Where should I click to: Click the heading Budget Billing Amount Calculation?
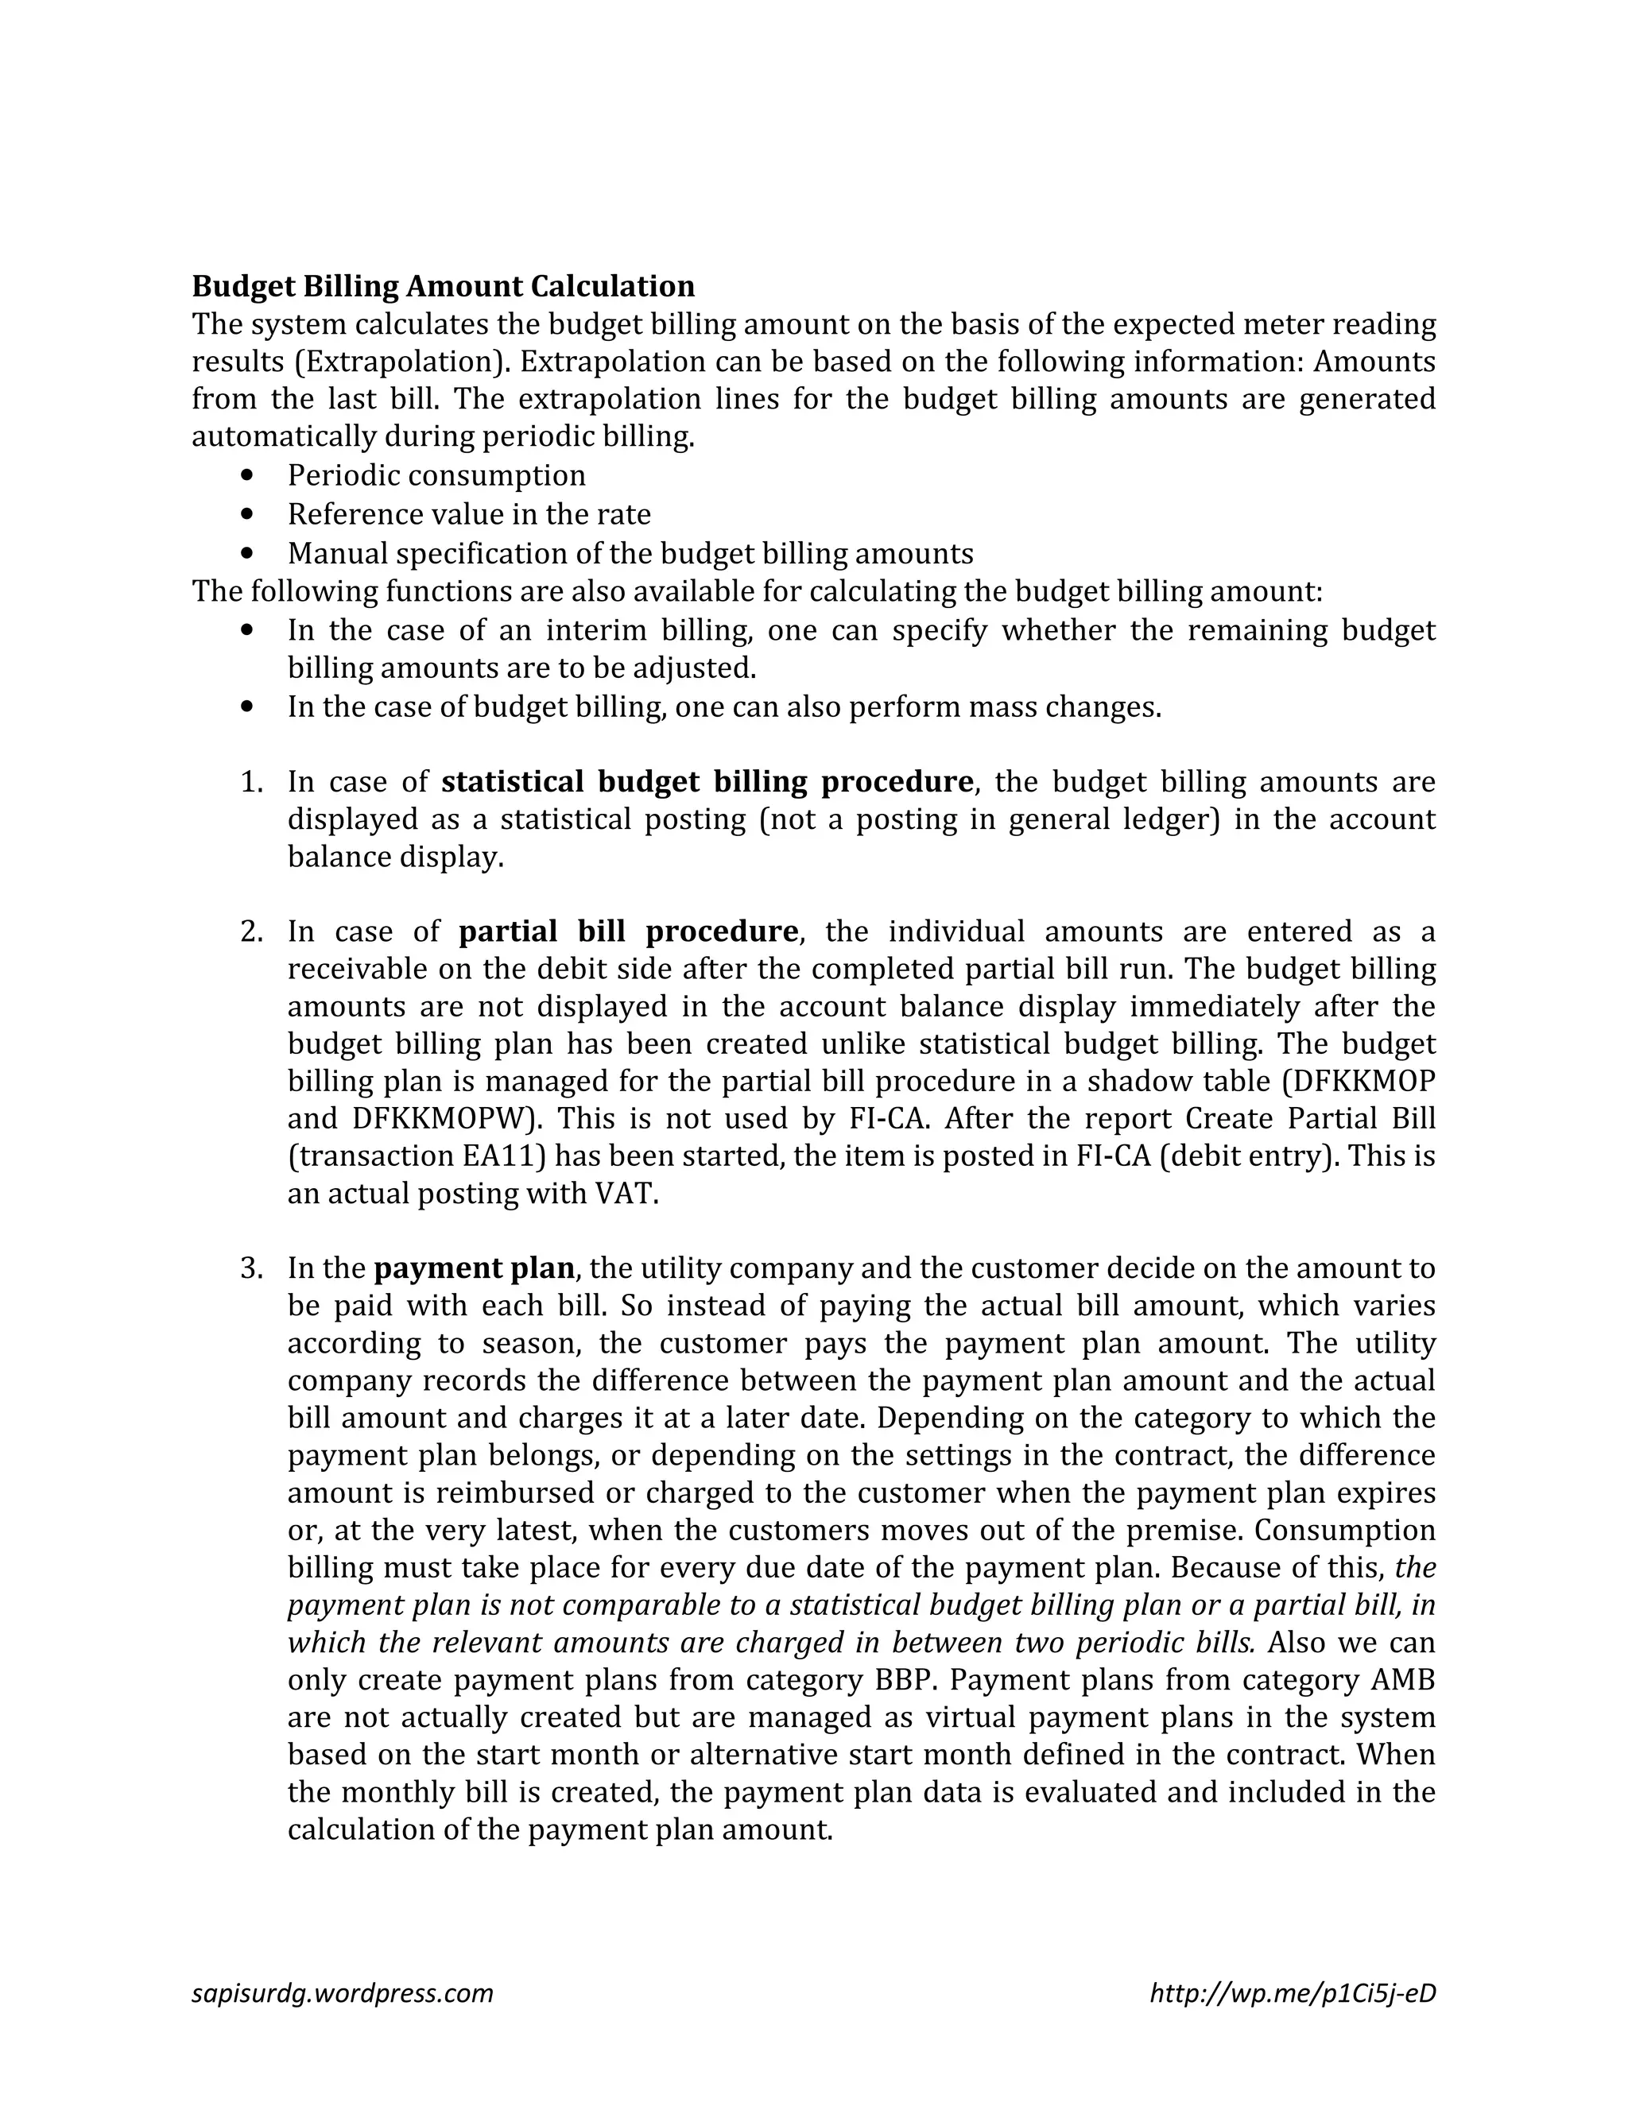(443, 286)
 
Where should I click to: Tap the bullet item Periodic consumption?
(436, 475)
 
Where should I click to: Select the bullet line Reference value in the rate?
(469, 514)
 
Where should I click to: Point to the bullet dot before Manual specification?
(250, 553)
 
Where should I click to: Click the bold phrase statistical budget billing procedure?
(707, 781)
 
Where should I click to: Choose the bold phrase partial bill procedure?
(628, 931)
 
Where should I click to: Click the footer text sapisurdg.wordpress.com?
(343, 1993)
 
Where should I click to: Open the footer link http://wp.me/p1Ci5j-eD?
(1293, 1993)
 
